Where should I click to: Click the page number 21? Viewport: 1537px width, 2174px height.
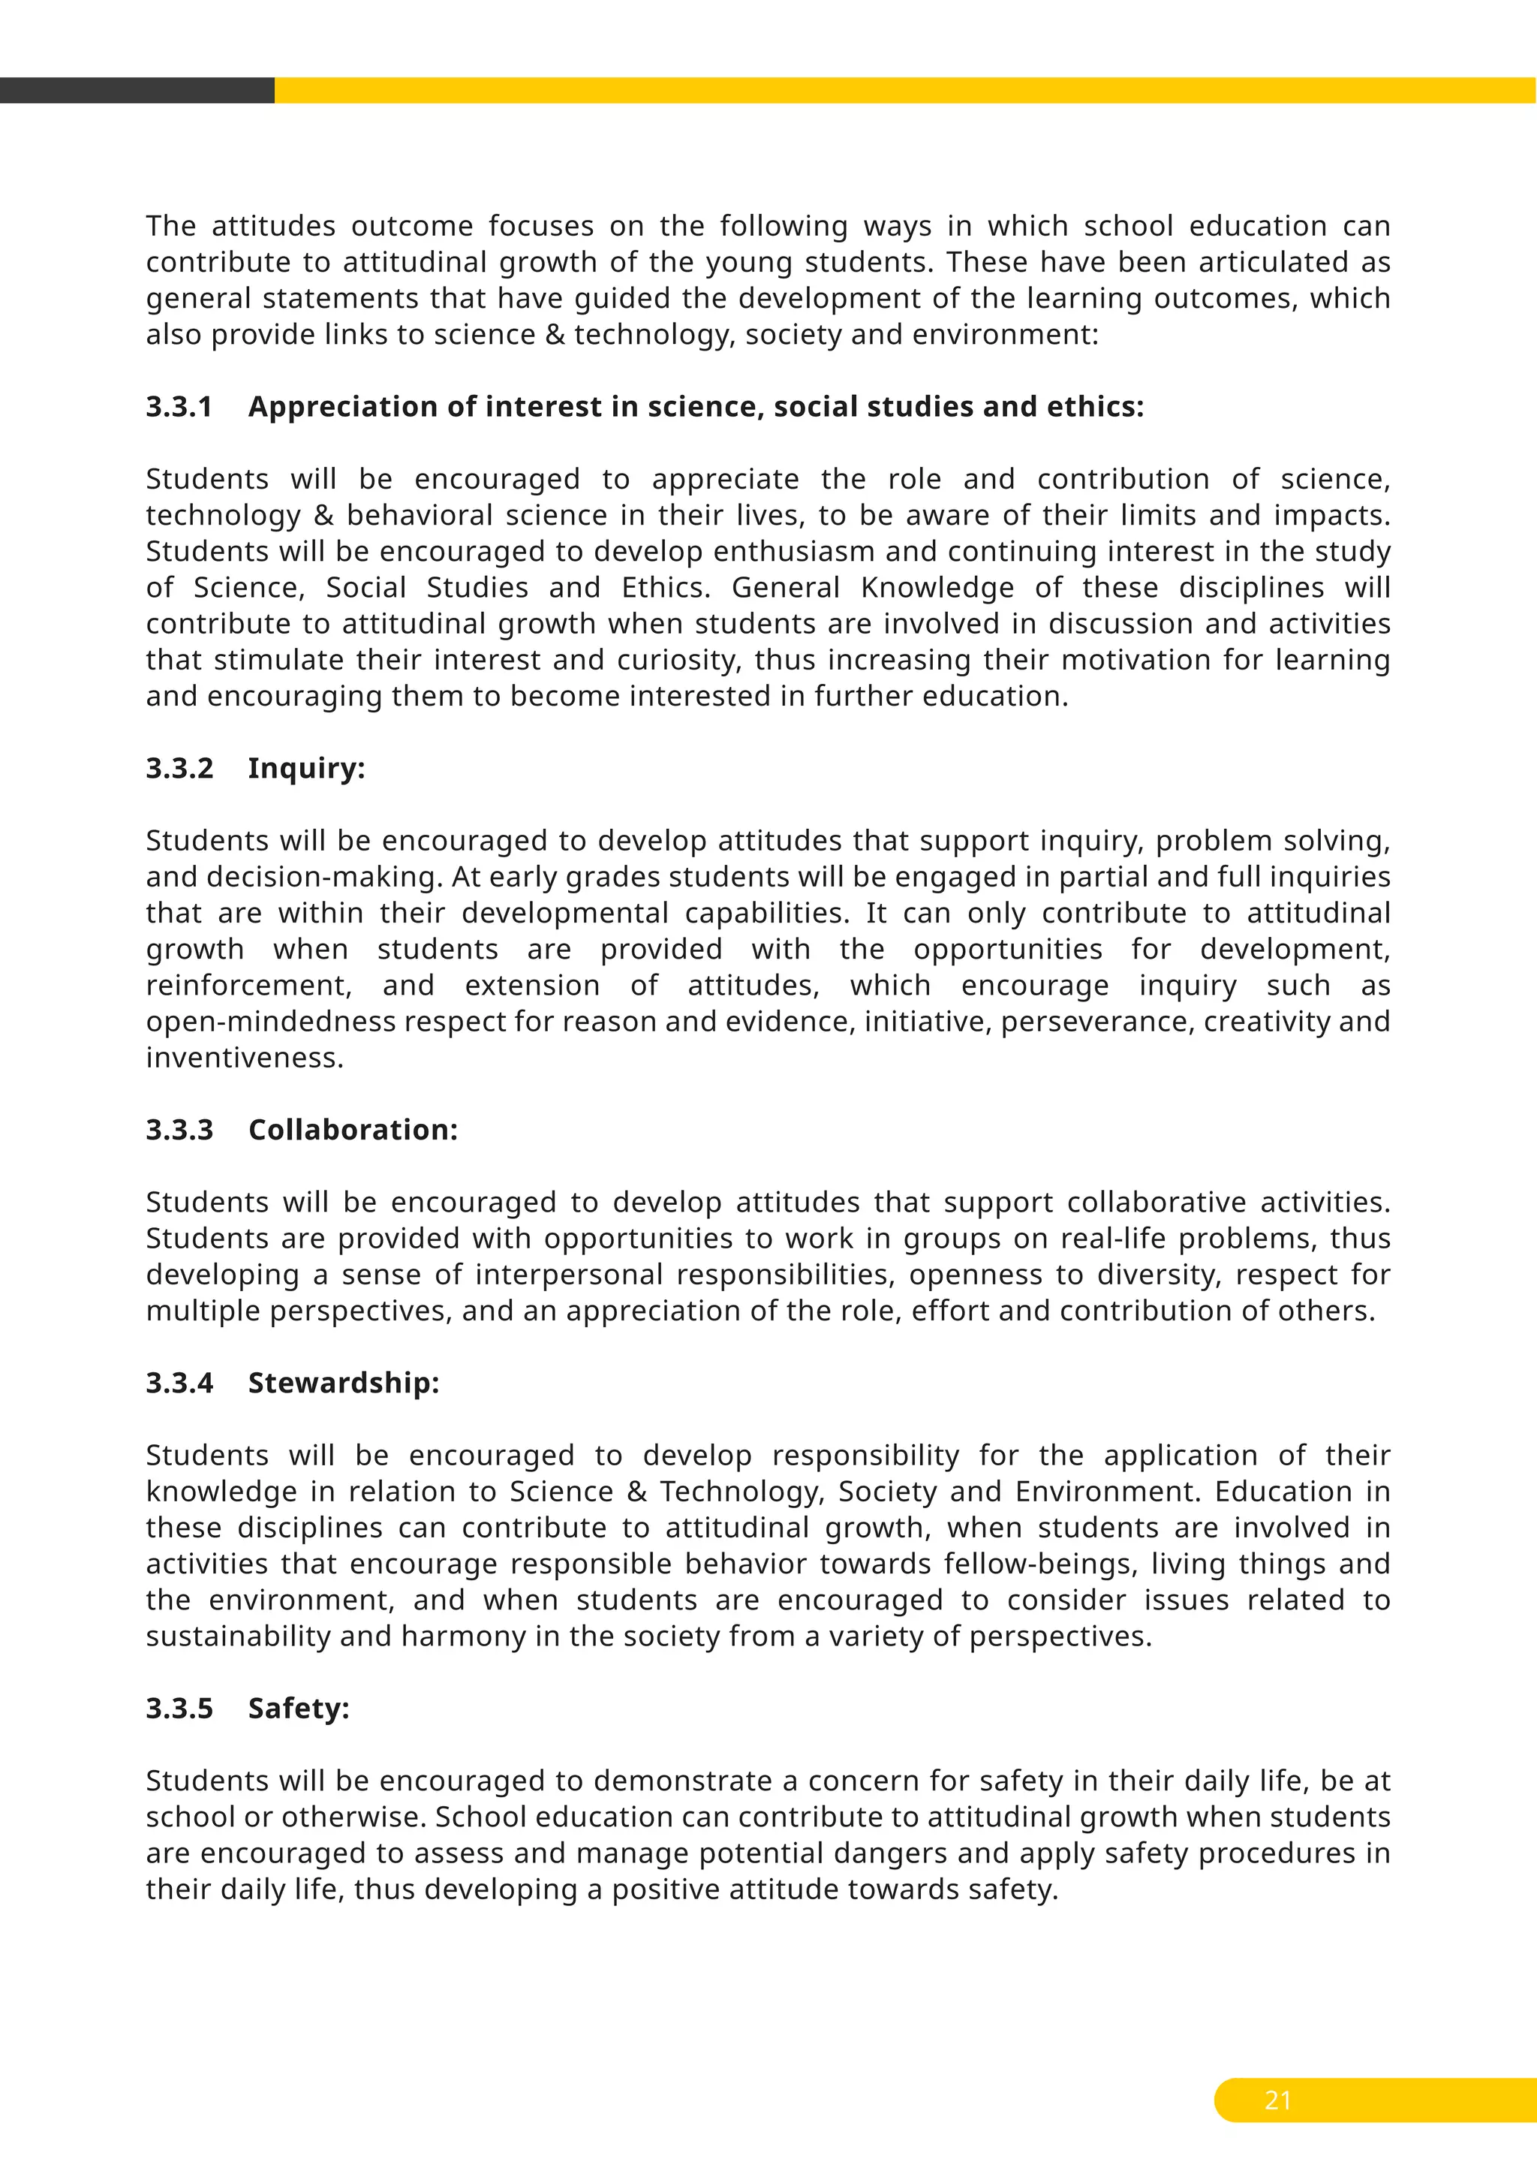1277,2100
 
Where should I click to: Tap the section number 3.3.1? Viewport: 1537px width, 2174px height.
179,407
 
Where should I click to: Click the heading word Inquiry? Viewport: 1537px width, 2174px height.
305,769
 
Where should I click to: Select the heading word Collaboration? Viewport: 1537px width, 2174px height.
352,1131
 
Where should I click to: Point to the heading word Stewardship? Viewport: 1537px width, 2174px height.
344,1384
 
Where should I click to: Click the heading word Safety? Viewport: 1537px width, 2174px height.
298,1709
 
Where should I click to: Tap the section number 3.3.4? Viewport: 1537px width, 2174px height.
179,1384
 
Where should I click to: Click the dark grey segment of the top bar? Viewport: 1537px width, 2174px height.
137,91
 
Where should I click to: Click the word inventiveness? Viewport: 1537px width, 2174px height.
244,1058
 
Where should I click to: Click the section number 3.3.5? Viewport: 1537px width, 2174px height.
179,1709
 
